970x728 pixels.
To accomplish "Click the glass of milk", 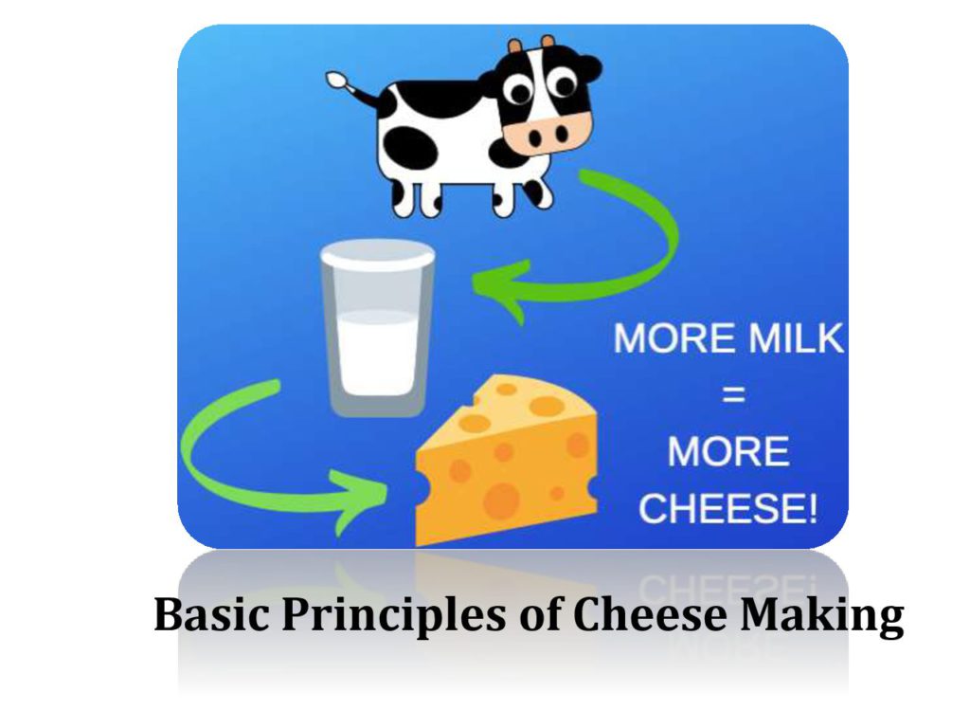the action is (x=377, y=327).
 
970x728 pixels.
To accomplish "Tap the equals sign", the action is (x=734, y=393).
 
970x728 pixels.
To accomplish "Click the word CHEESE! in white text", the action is (x=728, y=508).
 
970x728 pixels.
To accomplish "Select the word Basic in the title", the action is (x=211, y=614).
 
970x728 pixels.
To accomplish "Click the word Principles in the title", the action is (x=393, y=616).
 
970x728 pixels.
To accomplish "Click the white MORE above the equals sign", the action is (x=674, y=338).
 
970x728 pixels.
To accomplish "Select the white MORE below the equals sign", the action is (x=728, y=451).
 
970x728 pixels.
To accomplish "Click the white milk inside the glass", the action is (x=377, y=353).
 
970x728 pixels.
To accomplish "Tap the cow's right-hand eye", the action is (x=565, y=83).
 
